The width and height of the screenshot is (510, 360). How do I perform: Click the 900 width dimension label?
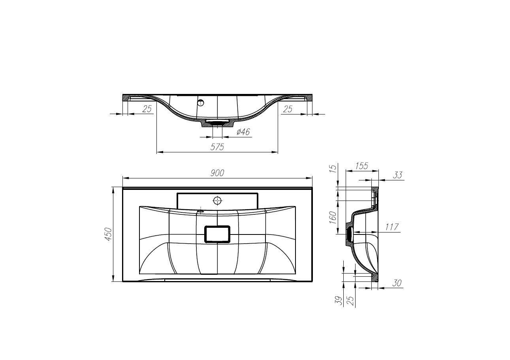pyautogui.click(x=217, y=172)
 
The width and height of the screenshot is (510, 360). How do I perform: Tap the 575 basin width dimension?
pyautogui.click(x=217, y=147)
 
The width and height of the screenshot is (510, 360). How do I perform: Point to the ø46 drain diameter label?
pyautogui.click(x=243, y=132)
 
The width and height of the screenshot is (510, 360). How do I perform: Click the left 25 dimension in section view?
pyautogui.click(x=147, y=109)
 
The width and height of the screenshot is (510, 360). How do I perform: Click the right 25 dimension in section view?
pyautogui.click(x=288, y=109)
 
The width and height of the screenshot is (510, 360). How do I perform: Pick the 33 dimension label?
pyautogui.click(x=398, y=175)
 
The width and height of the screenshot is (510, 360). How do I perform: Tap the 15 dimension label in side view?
pyautogui.click(x=333, y=169)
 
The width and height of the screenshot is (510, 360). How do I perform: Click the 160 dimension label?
pyautogui.click(x=333, y=217)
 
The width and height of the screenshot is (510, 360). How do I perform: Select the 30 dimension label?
pyautogui.click(x=397, y=283)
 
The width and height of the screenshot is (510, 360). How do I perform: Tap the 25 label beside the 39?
pyautogui.click(x=350, y=301)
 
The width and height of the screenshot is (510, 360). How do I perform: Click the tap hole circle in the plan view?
pyautogui.click(x=217, y=200)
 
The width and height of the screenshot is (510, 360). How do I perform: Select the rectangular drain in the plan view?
pyautogui.click(x=217, y=234)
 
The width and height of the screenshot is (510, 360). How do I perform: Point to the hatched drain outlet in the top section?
pyautogui.click(x=217, y=123)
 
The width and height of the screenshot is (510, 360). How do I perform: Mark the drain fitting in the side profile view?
pyautogui.click(x=349, y=234)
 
